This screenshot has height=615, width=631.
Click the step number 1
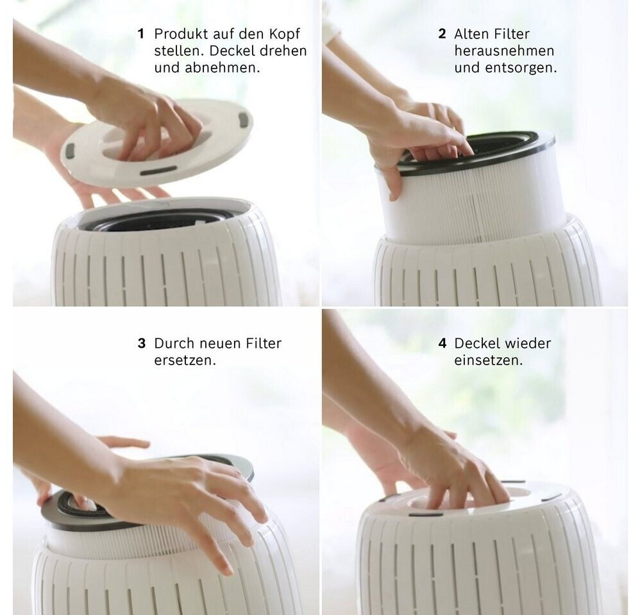tap(140, 34)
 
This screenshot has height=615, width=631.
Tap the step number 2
tap(442, 34)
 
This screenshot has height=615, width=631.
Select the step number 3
tap(141, 343)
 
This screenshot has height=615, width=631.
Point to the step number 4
tap(442, 343)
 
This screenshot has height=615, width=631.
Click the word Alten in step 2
tap(470, 34)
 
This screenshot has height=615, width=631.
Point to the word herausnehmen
tap(504, 51)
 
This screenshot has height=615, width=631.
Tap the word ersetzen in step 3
tap(185, 360)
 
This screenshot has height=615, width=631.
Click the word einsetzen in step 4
tap(489, 360)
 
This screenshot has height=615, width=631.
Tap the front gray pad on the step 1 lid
tap(158, 171)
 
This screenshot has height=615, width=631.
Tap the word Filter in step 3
tap(264, 343)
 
